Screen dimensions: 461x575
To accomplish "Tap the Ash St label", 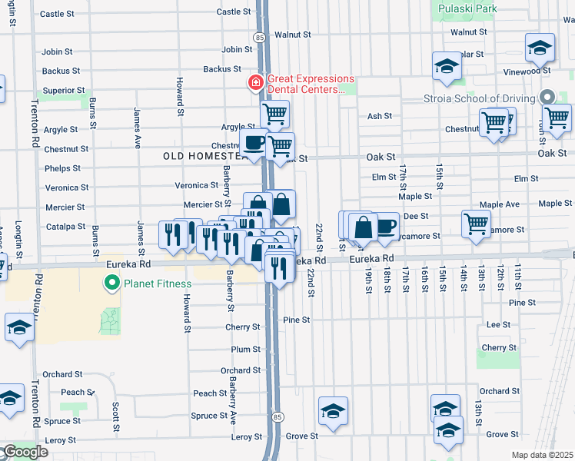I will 380,116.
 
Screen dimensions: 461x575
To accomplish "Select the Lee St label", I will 499,325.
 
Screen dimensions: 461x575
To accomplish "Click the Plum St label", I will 246,350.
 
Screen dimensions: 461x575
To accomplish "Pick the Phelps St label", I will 62,168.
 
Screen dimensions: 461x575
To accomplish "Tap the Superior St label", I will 63,90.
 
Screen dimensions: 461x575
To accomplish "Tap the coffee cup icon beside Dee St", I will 386,226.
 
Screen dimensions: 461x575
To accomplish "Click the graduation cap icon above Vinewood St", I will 540,48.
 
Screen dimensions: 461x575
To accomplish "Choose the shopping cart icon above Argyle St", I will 274,114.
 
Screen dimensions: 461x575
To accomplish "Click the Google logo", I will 25,452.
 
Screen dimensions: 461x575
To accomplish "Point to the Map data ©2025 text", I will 543,455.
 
